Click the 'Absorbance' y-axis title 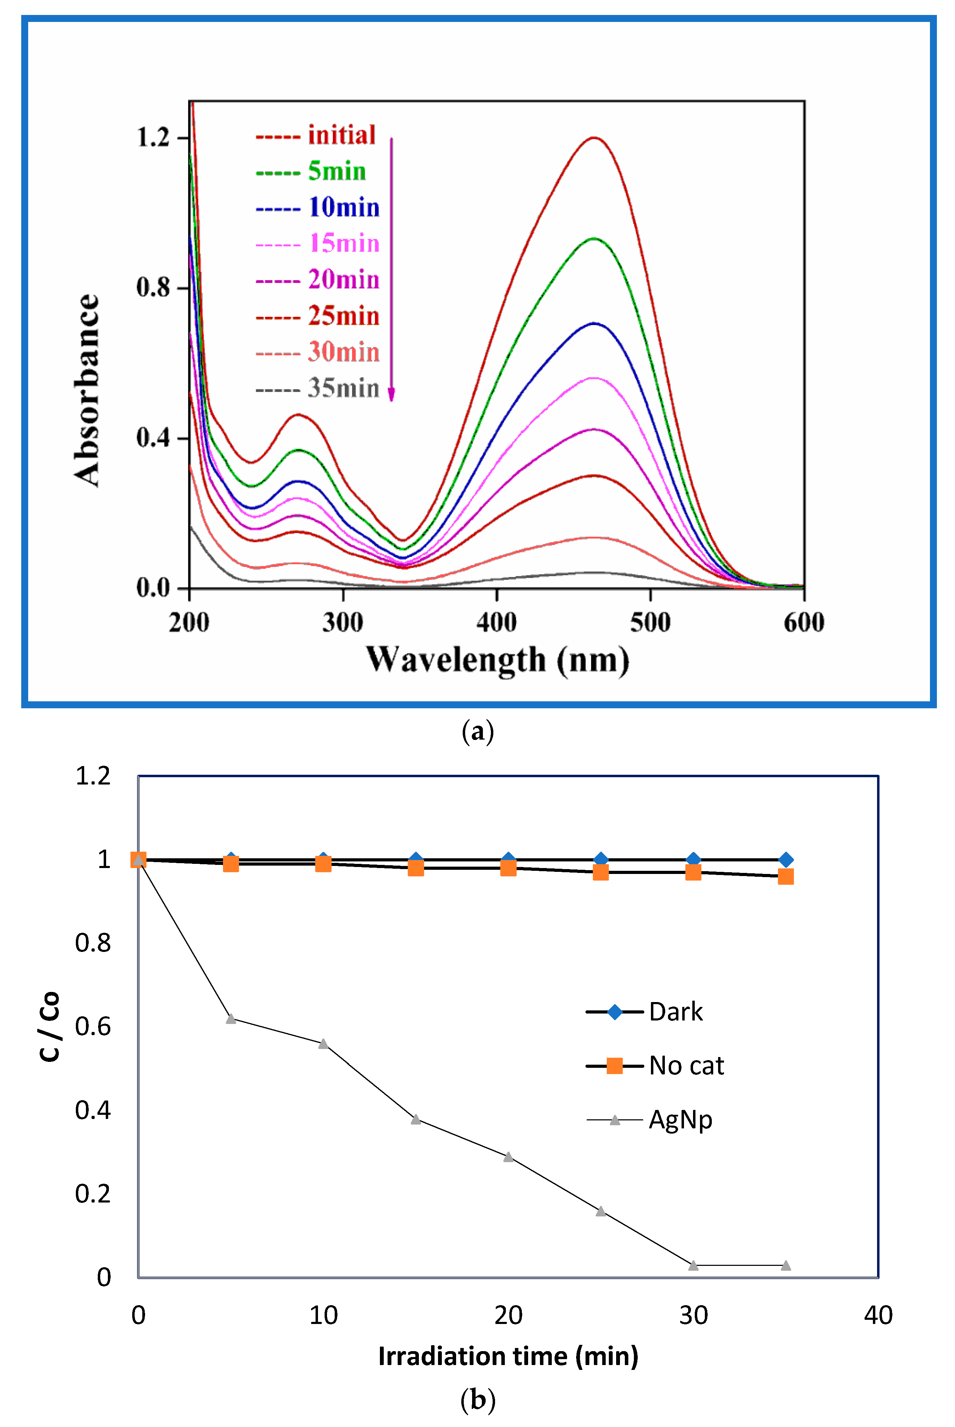pyautogui.click(x=87, y=390)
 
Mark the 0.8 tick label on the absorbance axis pyautogui.click(x=153, y=287)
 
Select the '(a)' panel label pyautogui.click(x=477, y=731)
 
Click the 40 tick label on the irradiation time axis pyautogui.click(x=878, y=1316)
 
